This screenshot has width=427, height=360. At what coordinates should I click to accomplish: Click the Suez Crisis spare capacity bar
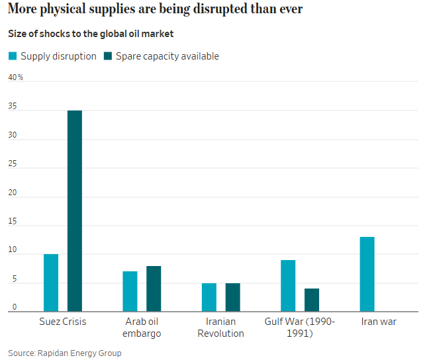[x=75, y=210]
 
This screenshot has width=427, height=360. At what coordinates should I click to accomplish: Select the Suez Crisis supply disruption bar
[x=51, y=283]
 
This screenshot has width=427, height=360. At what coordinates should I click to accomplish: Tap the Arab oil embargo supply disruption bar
[x=130, y=291]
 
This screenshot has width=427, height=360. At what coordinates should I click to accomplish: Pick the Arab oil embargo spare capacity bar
[x=154, y=289]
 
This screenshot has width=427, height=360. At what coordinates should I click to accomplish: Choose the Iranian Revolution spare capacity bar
[x=232, y=297]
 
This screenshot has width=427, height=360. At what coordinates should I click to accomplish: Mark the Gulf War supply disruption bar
[x=288, y=285]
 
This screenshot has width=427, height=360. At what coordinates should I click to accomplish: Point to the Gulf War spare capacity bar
[x=312, y=300]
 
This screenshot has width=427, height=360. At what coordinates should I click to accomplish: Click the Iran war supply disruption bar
[x=367, y=274]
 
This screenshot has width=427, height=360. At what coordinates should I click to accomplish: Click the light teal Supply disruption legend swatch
[x=13, y=56]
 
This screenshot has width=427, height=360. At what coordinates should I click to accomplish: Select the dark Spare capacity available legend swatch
[x=108, y=56]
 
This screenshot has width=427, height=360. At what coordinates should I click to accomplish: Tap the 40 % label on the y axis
[x=15, y=77]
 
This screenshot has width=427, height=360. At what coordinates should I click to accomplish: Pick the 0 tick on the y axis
[x=14, y=307]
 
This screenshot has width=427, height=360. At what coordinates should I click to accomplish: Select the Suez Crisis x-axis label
[x=63, y=322]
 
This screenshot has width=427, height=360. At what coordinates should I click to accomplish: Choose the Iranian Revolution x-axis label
[x=220, y=328]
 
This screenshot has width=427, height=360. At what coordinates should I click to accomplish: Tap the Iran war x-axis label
[x=379, y=322]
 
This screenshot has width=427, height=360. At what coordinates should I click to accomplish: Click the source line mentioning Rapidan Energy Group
[x=65, y=353]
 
